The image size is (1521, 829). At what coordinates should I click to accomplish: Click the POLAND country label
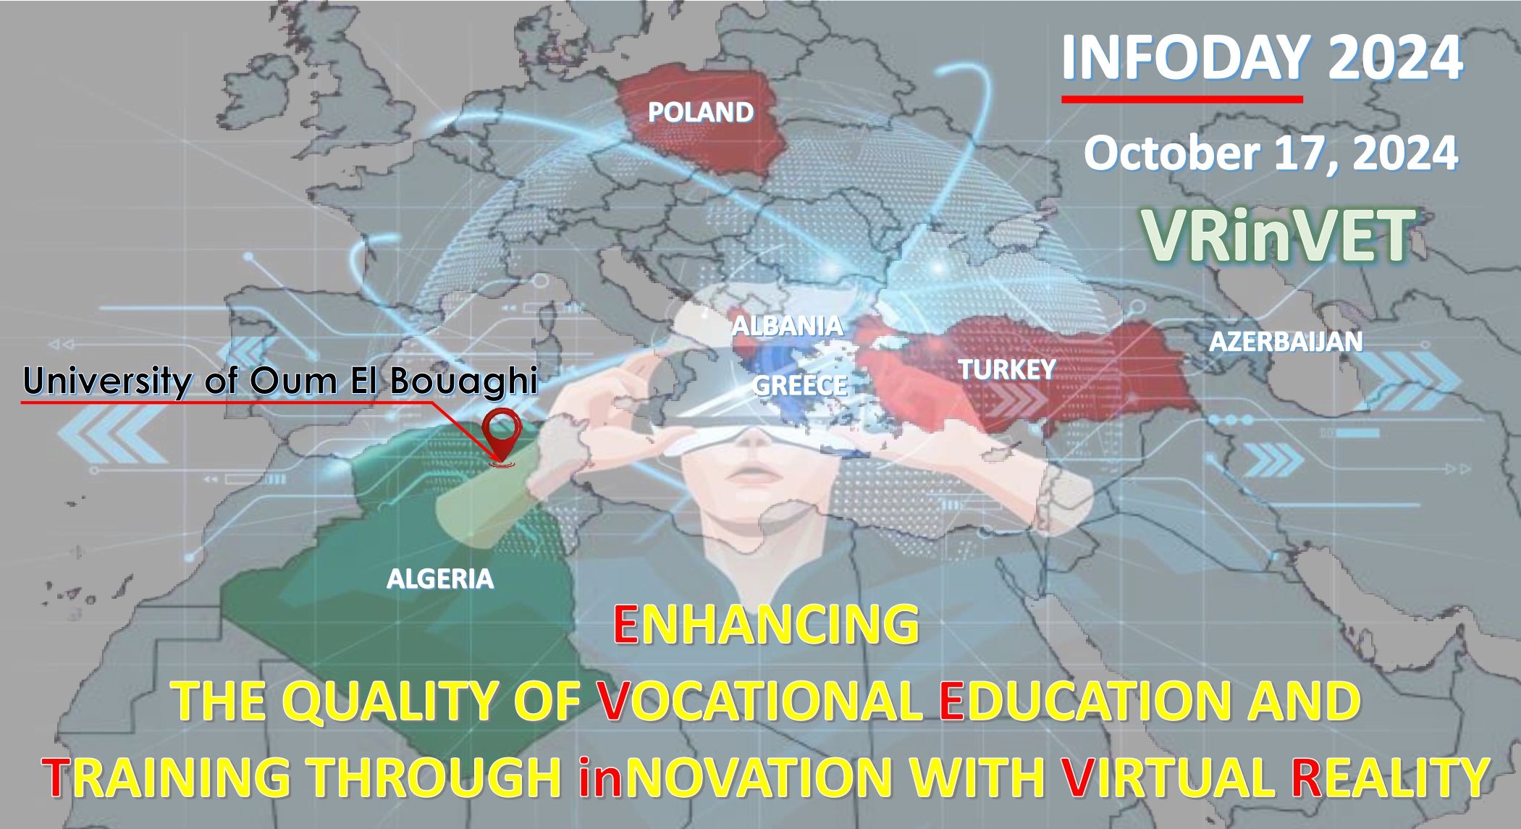click(x=701, y=112)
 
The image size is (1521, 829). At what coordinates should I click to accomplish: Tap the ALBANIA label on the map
click(x=788, y=326)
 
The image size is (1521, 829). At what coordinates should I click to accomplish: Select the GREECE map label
click(x=800, y=385)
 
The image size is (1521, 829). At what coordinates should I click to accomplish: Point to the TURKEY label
click(x=1008, y=370)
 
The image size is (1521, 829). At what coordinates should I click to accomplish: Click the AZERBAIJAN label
click(x=1286, y=342)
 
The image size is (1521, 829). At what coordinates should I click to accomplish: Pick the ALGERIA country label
click(x=440, y=579)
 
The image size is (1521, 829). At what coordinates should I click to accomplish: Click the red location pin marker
click(x=502, y=435)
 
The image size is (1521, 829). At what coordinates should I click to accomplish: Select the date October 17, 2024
click(x=1271, y=153)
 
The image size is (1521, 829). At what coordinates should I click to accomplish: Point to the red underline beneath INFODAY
click(x=1182, y=98)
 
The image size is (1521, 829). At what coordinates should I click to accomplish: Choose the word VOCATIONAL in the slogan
click(x=759, y=701)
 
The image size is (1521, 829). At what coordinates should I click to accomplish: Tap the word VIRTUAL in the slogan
click(x=1165, y=778)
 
